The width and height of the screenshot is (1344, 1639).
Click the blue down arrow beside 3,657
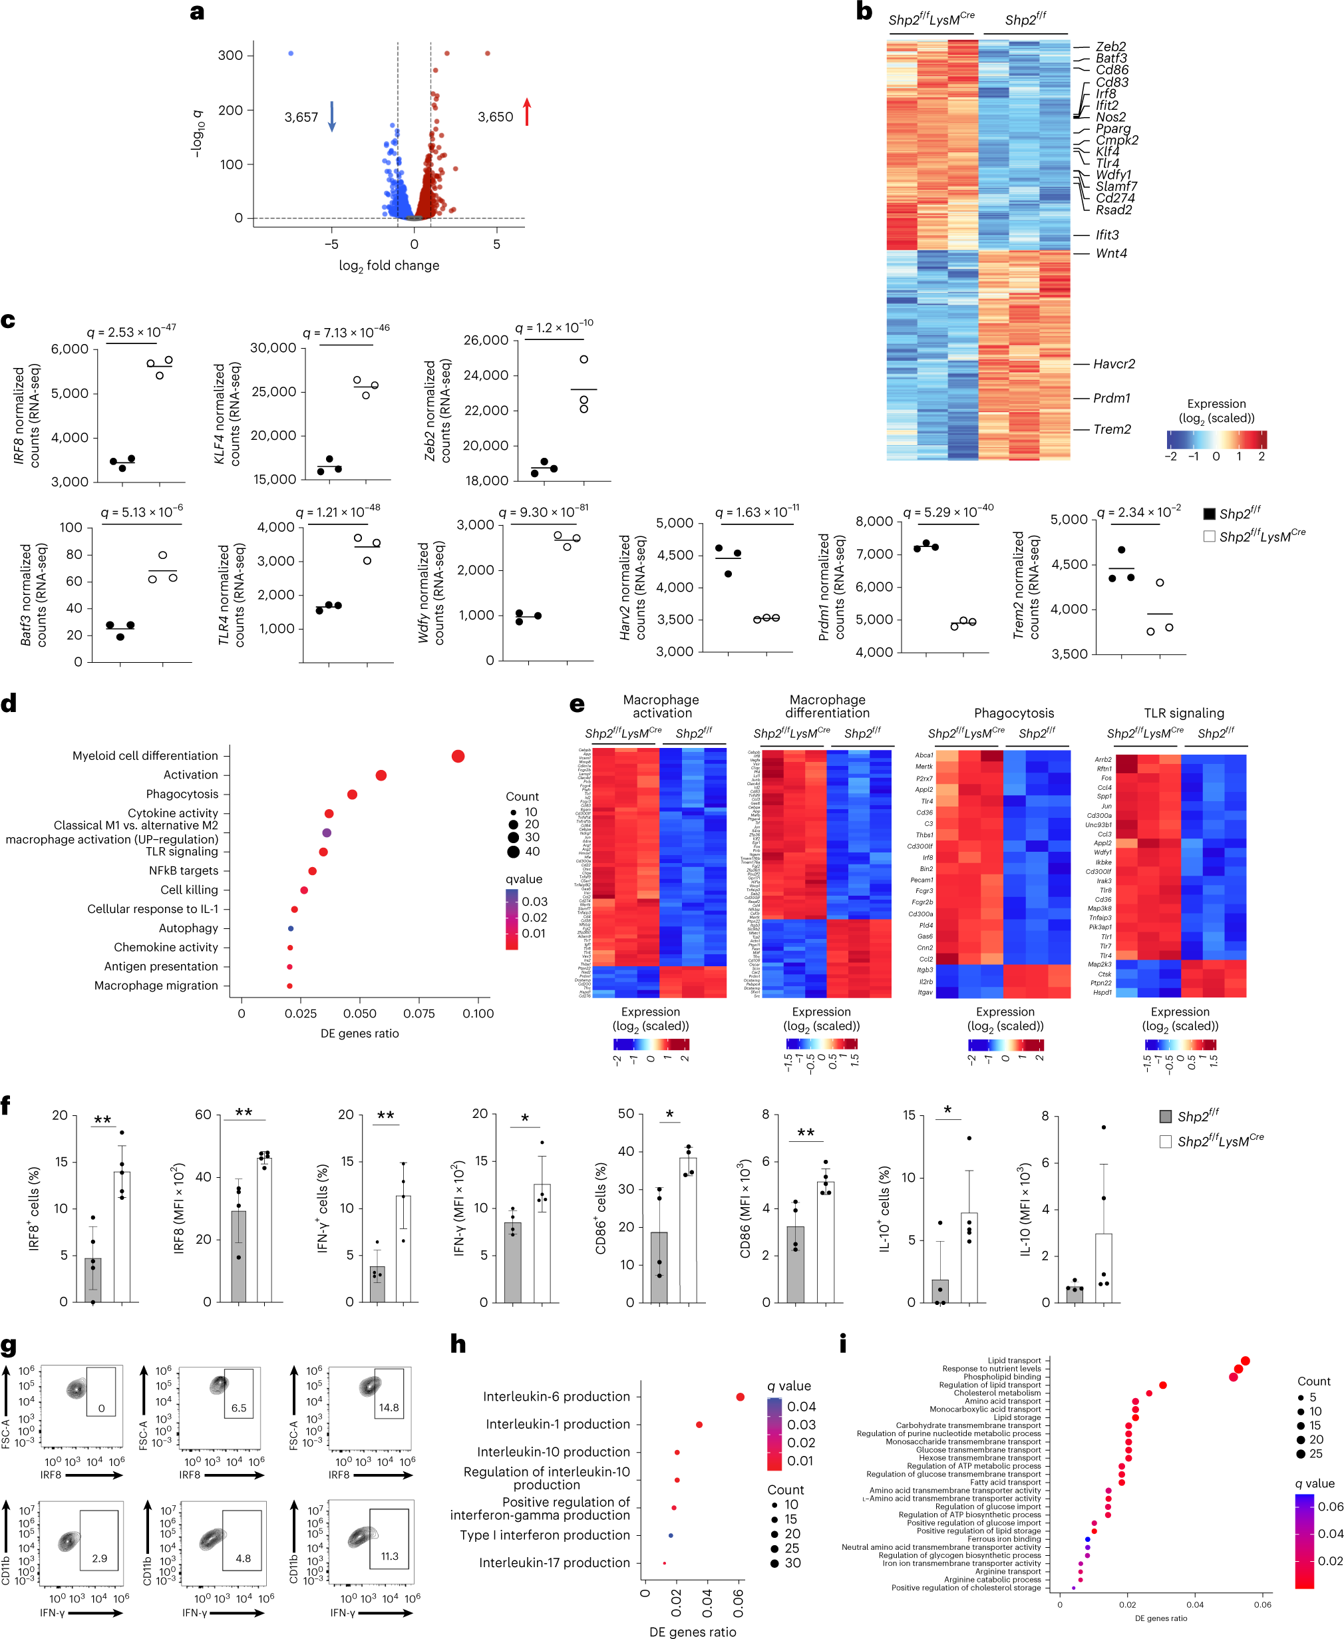[332, 116]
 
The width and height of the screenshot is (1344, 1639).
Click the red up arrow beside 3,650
[527, 112]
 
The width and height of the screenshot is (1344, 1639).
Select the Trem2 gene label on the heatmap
[1112, 430]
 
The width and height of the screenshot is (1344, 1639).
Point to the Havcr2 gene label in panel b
[1114, 364]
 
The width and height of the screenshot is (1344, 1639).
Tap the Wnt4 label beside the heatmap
[1111, 253]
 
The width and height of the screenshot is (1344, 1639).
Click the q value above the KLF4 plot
[346, 332]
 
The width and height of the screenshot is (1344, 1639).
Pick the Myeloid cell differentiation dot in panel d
[458, 757]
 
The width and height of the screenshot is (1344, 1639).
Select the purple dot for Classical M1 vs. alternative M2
[327, 833]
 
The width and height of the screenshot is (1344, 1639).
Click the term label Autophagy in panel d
[188, 928]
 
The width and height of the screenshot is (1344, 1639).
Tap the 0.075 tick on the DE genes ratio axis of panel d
[419, 1013]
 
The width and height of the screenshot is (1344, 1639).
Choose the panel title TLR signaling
[1184, 713]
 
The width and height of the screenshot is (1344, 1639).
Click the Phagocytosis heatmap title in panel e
[1013, 713]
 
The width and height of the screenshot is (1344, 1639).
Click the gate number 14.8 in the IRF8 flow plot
[389, 1407]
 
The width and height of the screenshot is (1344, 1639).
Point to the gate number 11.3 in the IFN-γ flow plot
[389, 1535]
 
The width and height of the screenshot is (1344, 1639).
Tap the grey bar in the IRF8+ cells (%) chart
[93, 1280]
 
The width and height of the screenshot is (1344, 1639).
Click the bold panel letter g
[9, 1347]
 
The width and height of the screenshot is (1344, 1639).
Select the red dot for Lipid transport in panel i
[1245, 1361]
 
